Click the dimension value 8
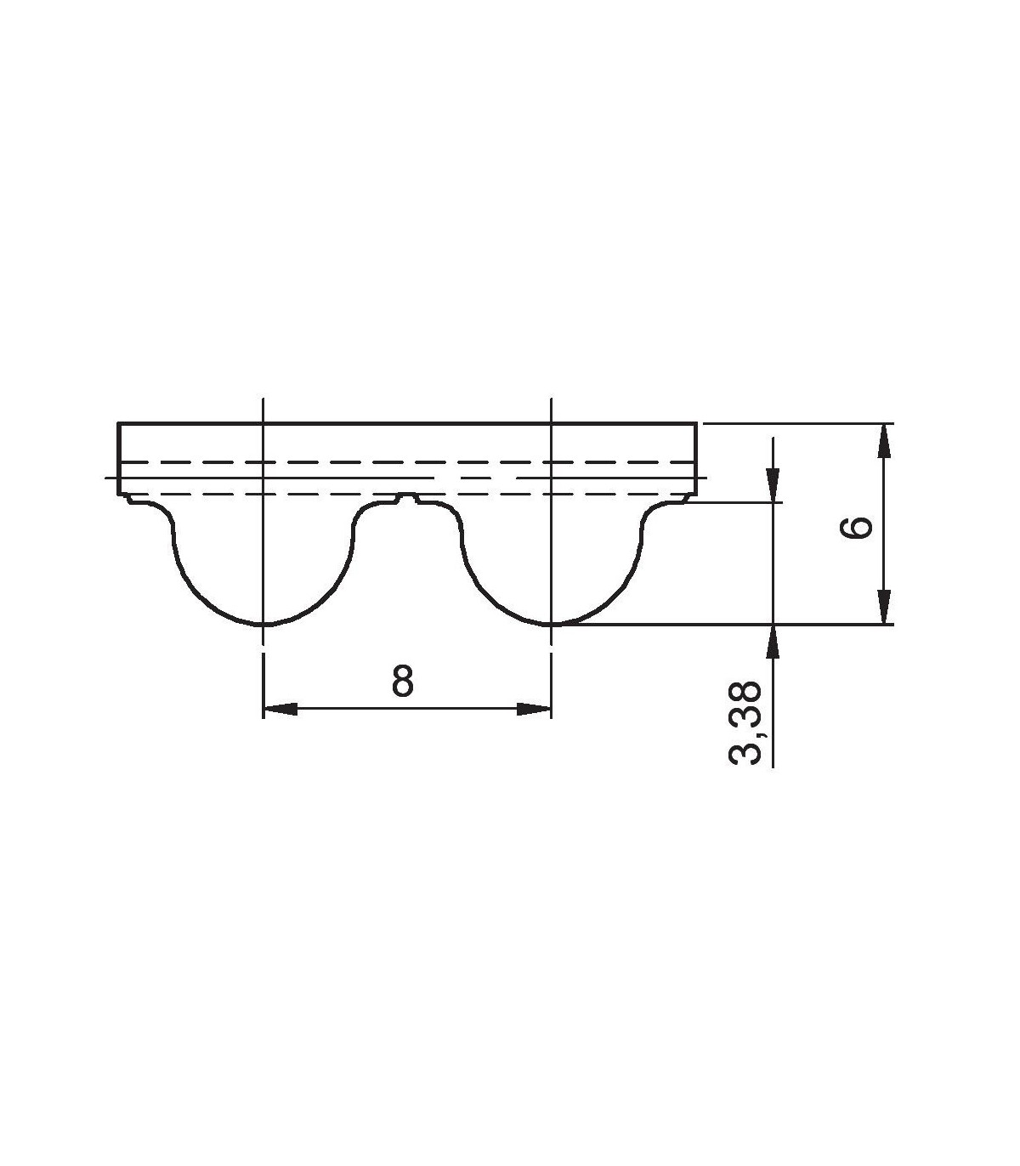click(x=402, y=681)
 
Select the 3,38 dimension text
click(x=745, y=722)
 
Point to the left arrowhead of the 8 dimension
click(x=280, y=709)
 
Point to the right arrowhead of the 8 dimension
click(x=534, y=709)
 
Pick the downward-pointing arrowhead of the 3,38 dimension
click(x=773, y=485)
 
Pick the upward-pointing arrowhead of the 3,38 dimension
click(x=773, y=642)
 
